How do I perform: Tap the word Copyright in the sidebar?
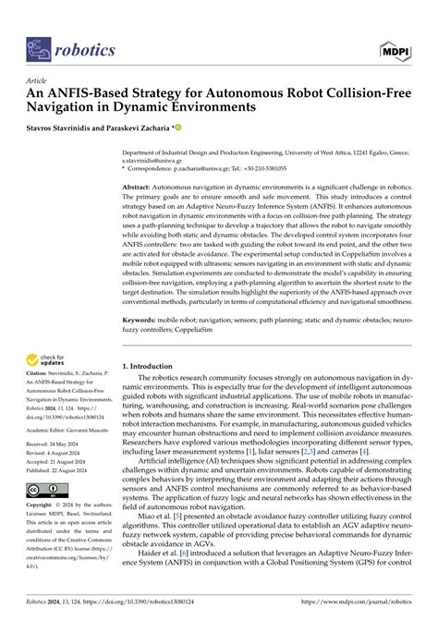[x=43, y=506]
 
